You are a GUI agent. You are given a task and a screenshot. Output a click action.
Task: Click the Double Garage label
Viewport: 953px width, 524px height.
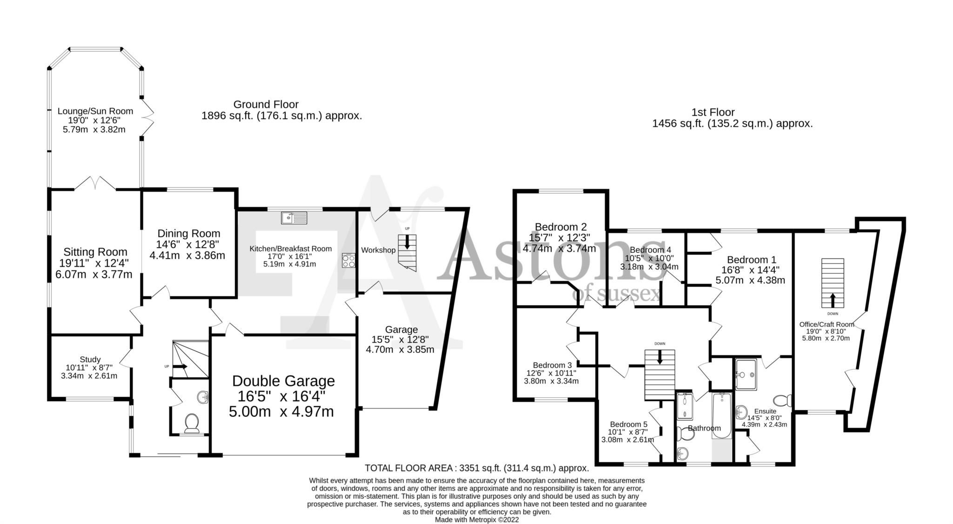283,381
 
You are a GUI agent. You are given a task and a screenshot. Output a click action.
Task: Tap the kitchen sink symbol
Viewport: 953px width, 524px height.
294,217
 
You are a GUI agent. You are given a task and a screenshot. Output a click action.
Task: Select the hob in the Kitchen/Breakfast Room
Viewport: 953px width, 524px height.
349,260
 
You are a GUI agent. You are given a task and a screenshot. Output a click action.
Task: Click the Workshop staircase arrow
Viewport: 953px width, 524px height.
407,242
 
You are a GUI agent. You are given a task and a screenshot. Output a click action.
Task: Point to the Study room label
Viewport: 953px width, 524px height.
90,359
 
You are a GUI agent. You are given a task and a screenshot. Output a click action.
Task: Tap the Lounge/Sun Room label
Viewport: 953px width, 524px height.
95,111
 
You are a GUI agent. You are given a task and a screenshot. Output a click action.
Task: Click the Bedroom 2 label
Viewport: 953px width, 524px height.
560,227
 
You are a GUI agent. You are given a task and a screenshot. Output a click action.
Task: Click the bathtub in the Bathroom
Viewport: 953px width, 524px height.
722,415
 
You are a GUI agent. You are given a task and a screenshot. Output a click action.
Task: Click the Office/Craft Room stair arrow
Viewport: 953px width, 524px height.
832,299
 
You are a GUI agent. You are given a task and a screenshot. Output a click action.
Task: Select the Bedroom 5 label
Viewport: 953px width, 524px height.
628,424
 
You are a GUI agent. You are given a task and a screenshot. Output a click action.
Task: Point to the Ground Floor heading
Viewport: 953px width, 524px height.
266,104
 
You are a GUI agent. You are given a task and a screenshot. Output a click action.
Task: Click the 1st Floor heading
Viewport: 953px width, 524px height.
712,112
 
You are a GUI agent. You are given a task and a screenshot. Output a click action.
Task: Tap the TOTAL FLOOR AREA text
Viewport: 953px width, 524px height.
476,468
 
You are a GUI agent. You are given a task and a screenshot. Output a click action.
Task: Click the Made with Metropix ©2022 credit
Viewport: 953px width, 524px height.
476,520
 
